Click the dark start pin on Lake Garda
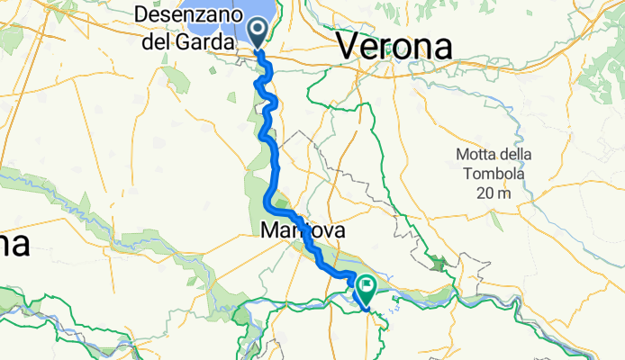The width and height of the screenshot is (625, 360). coord(258,33)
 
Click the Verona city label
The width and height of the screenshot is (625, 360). coord(394,48)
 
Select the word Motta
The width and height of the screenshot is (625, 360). coord(479,153)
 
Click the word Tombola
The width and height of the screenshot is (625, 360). coord(493,173)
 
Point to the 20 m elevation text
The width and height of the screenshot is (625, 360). coord(493,193)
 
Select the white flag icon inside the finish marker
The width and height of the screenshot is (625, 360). coord(367,285)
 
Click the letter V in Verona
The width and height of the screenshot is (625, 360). coord(346,48)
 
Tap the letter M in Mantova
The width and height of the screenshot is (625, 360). coord(267,231)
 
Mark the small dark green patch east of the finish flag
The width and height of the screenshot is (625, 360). coord(439,264)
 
